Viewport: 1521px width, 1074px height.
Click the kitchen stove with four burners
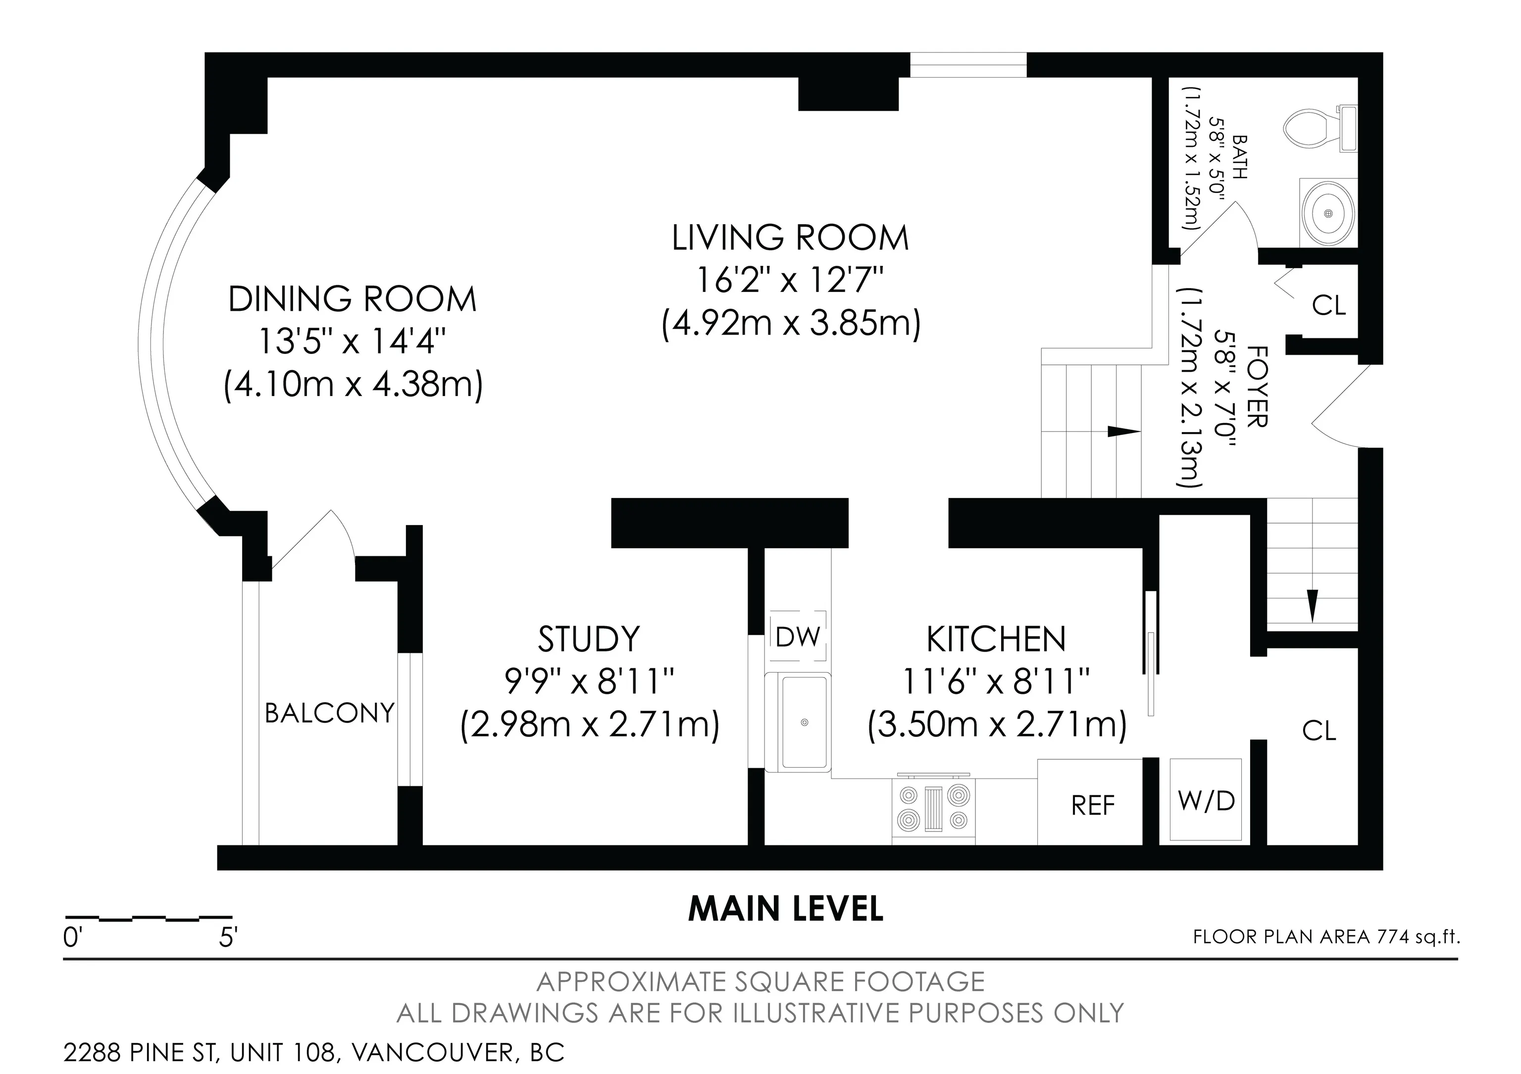[933, 808]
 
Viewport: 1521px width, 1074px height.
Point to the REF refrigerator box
[1090, 802]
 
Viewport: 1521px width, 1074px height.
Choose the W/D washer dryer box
[1206, 800]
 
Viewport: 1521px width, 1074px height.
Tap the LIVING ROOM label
[790, 239]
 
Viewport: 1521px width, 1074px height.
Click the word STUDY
[589, 639]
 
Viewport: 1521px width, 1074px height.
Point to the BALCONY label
[330, 713]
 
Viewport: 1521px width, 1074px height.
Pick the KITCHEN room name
[996, 639]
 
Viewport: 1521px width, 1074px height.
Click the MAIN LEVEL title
[786, 909]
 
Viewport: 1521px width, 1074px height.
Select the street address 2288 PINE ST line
[314, 1052]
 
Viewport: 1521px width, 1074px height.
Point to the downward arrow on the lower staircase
[1313, 605]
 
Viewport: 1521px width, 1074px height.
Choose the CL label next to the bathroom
[1329, 305]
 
